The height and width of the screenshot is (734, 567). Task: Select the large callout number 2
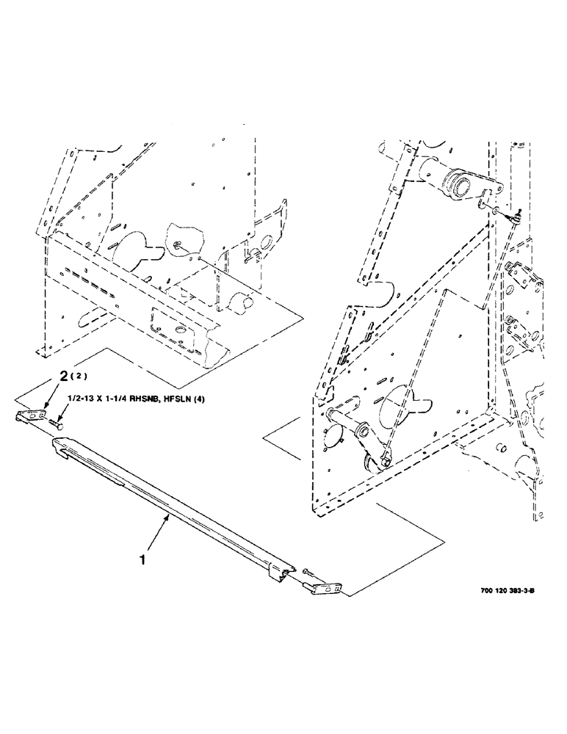click(64, 377)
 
